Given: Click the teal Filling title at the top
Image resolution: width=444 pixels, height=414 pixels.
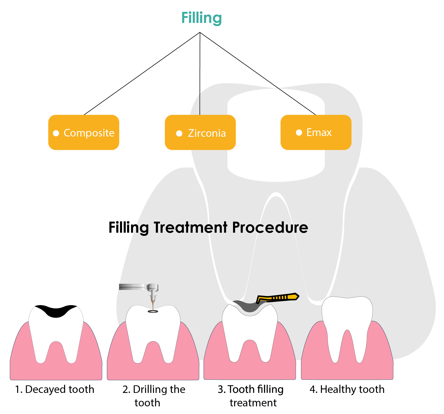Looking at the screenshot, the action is [201, 18].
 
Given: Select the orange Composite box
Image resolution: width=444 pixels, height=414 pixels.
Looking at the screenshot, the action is [84, 132].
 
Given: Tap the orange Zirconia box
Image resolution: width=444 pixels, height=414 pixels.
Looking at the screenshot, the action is [200, 132].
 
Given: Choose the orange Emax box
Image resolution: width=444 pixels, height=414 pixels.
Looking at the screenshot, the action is [316, 132].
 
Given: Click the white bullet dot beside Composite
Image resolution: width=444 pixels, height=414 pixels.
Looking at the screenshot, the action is [56, 133].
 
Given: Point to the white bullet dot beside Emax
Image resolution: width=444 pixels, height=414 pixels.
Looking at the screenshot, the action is [299, 132].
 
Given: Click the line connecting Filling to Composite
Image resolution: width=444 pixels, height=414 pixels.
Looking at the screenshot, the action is [142, 74].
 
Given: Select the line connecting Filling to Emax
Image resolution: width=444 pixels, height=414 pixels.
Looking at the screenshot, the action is [258, 74].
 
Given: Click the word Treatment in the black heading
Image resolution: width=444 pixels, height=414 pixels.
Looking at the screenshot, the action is [190, 227].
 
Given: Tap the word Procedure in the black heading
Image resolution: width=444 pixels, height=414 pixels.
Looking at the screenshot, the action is [270, 227].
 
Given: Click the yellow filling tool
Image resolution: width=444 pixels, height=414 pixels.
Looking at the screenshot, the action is [277, 298].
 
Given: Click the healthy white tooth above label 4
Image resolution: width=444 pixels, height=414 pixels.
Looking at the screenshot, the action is [347, 329].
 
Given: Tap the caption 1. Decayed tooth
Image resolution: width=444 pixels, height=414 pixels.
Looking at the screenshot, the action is [55, 389].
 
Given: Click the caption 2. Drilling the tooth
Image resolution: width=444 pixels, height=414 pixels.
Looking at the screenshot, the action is [154, 396].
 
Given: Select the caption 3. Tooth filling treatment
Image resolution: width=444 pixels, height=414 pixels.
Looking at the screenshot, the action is [250, 396].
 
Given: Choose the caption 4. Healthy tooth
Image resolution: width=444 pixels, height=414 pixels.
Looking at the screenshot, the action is [347, 389].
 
